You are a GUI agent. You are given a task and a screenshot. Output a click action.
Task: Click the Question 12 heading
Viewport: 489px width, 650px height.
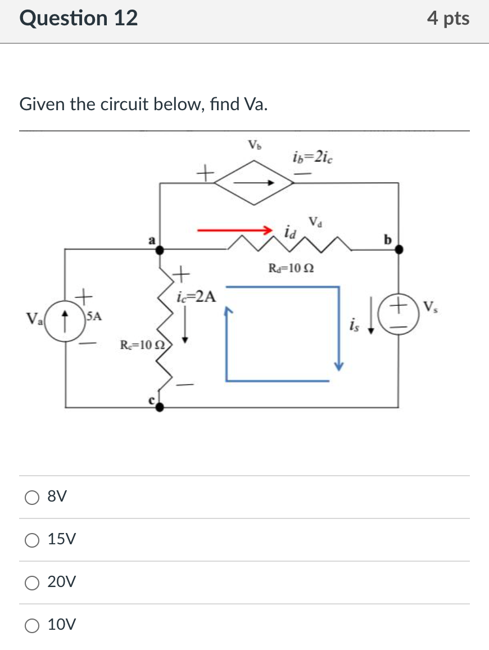(79, 19)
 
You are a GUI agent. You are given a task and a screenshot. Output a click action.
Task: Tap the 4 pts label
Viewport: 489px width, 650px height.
(448, 19)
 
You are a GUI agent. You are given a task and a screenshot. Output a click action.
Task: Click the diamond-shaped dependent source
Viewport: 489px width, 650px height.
(254, 182)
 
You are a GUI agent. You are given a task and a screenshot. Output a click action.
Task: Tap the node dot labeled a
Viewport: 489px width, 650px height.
(160, 249)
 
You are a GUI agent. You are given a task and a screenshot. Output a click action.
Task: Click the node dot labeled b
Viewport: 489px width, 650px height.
(399, 249)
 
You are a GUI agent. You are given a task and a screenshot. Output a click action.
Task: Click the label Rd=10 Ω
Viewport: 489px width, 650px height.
(291, 269)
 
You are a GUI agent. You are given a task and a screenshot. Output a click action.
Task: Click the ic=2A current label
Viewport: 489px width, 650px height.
(196, 296)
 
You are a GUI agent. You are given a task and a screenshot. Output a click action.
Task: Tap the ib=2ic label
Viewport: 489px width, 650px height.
(313, 157)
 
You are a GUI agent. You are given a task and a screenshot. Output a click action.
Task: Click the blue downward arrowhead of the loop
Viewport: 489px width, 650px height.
(338, 365)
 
